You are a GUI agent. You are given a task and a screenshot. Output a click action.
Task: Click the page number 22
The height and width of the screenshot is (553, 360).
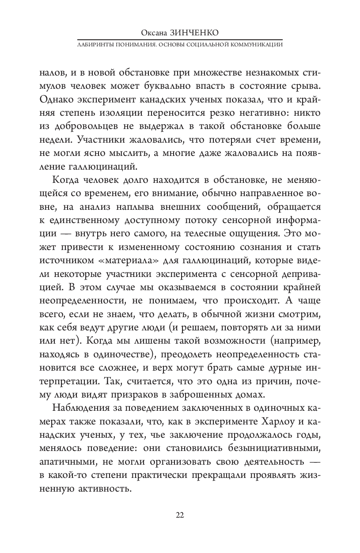point(180,515)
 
